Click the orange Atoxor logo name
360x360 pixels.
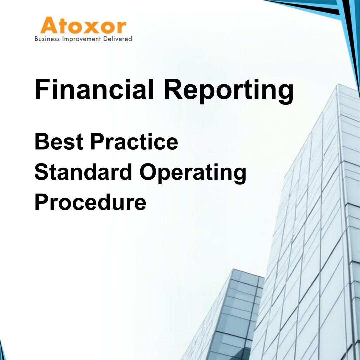(83, 26)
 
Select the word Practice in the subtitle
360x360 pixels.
(134, 141)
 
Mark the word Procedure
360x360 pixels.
(90, 202)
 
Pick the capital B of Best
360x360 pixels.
(41, 141)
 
